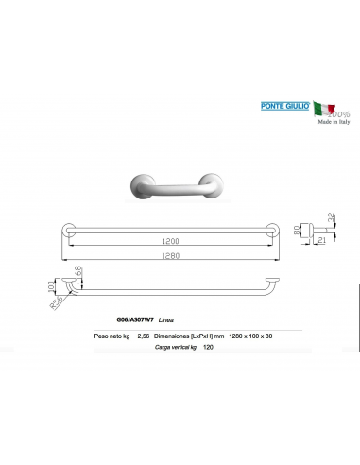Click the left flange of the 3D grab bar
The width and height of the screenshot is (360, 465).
[x=141, y=186]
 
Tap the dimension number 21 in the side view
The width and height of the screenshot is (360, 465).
[x=323, y=242]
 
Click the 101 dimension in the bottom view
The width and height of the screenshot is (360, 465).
[x=54, y=284]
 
